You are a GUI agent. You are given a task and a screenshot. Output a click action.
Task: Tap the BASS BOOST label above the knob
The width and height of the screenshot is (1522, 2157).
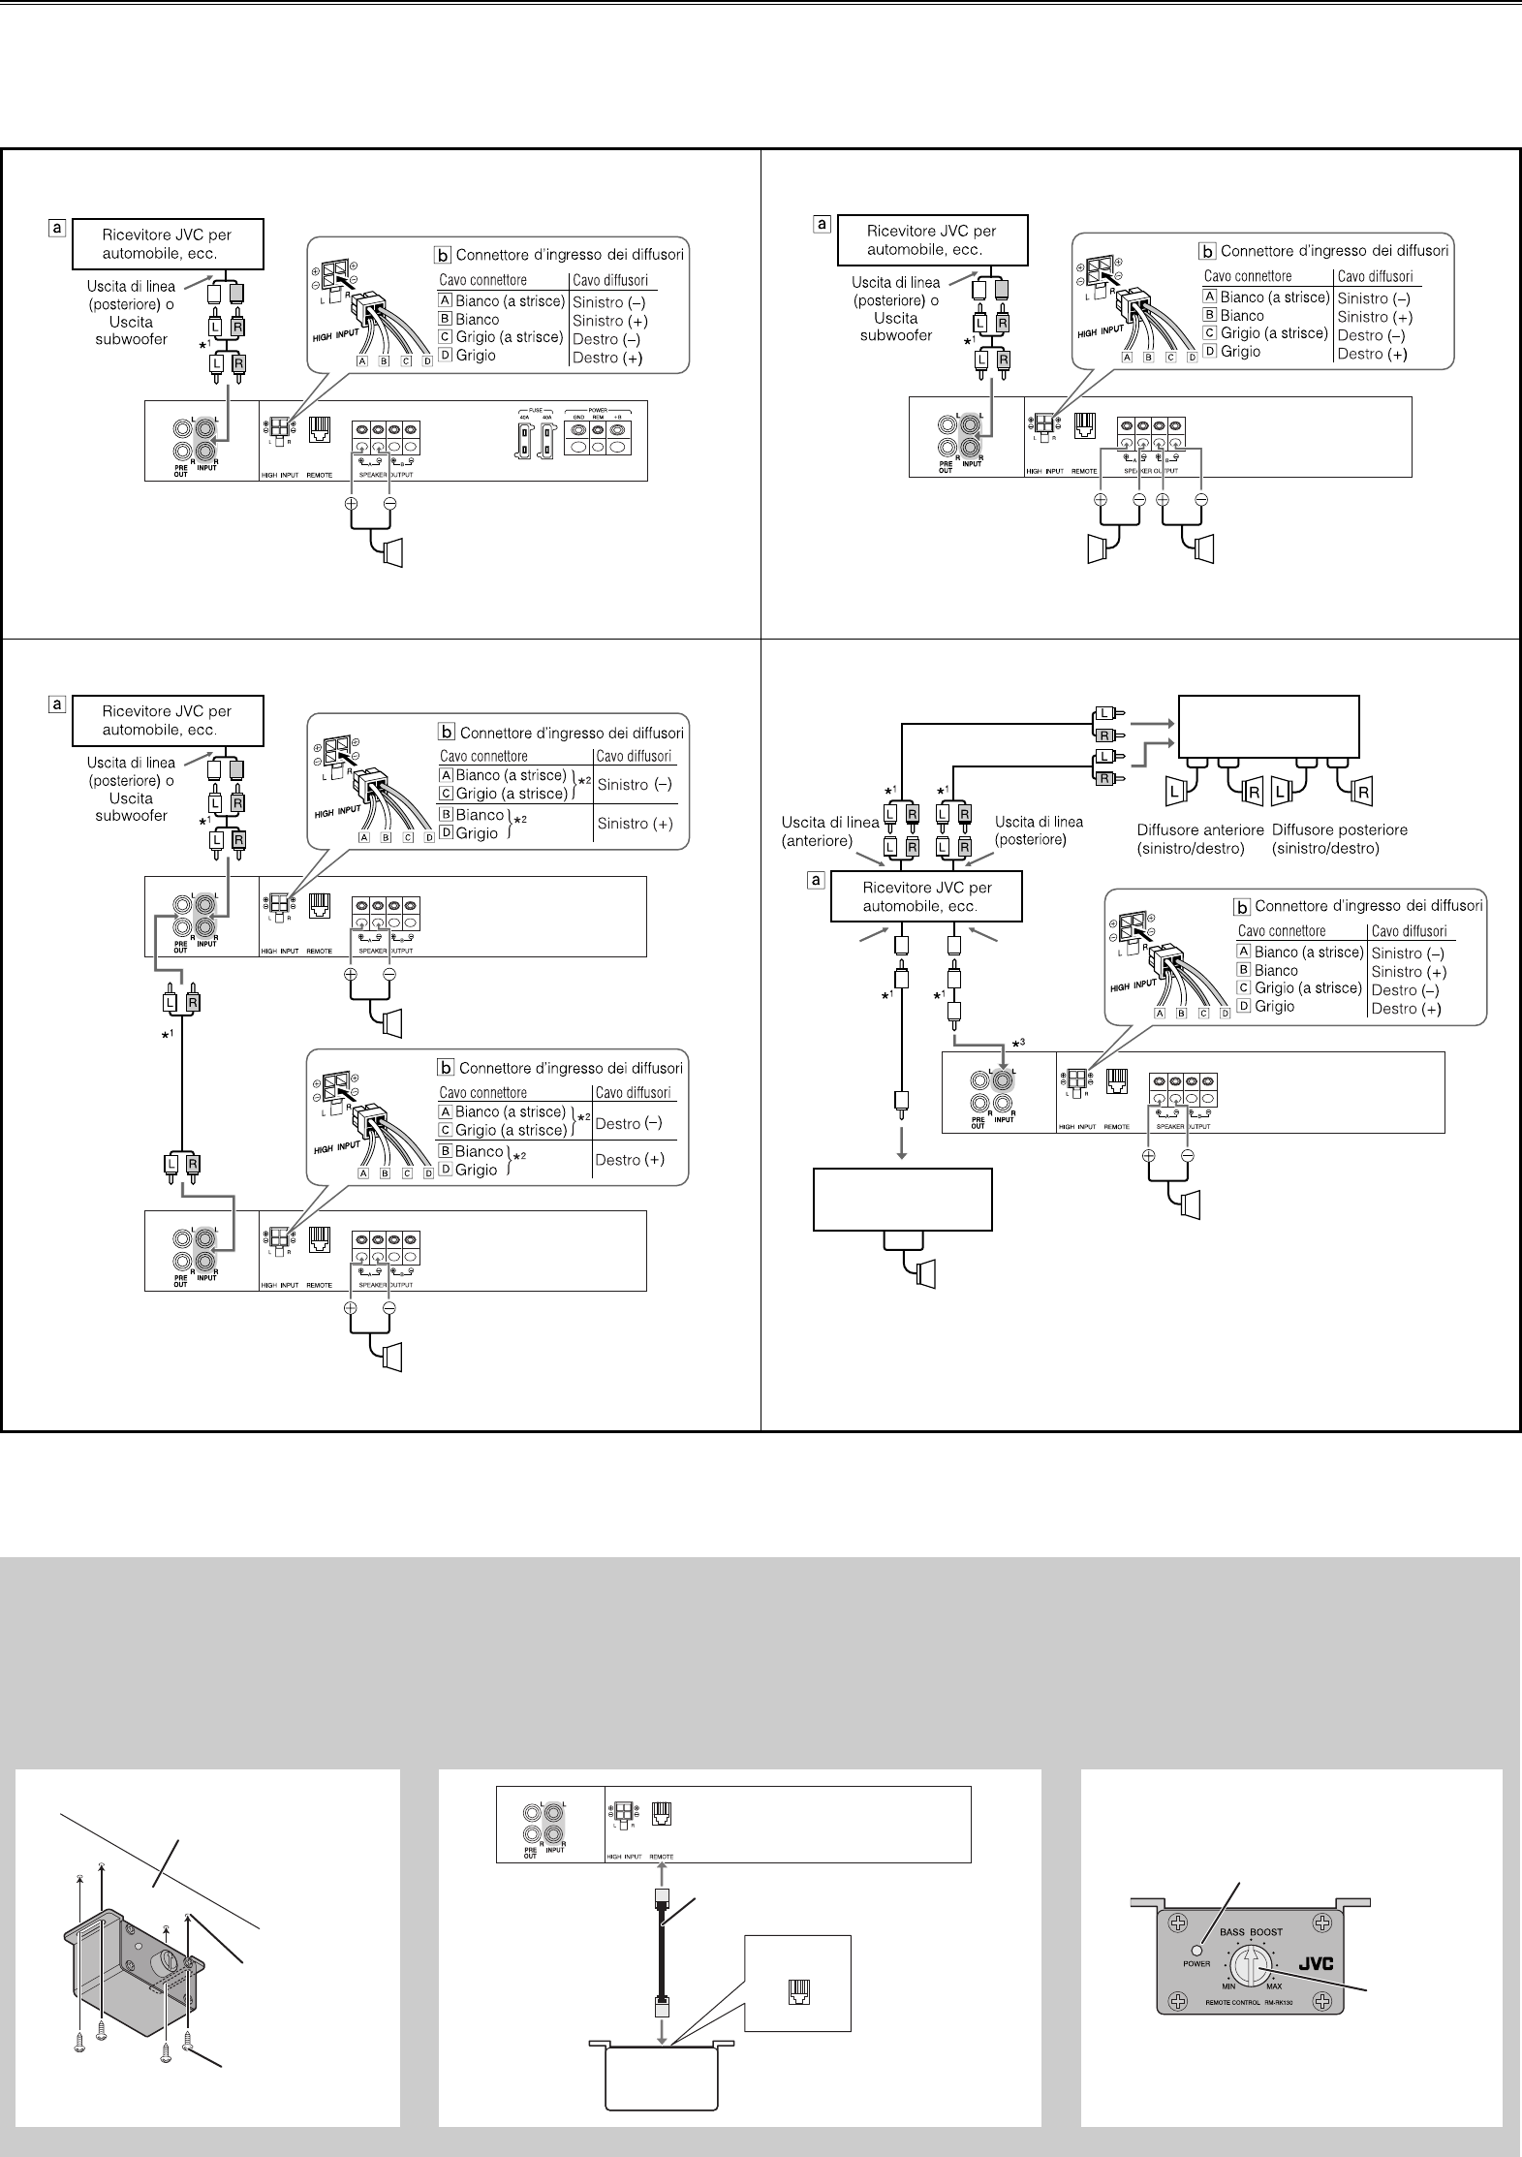click(1251, 1931)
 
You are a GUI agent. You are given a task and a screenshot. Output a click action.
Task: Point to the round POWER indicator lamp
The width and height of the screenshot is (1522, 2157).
click(1197, 1950)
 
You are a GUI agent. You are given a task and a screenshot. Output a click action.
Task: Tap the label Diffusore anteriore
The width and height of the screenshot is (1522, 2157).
click(1200, 829)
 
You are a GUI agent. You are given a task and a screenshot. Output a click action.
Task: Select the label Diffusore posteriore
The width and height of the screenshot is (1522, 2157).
click(1339, 829)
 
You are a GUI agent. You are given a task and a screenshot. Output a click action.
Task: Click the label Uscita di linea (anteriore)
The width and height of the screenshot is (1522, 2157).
click(830, 831)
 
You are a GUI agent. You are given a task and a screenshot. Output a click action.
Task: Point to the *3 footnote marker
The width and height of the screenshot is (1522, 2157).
click(1018, 1042)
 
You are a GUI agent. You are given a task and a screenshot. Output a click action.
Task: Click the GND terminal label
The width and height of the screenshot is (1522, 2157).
click(578, 417)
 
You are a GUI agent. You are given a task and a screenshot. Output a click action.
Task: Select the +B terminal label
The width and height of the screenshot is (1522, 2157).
click(617, 417)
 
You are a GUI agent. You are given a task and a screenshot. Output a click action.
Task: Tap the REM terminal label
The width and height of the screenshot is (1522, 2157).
click(598, 417)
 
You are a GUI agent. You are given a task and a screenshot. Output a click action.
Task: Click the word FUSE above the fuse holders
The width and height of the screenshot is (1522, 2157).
click(536, 410)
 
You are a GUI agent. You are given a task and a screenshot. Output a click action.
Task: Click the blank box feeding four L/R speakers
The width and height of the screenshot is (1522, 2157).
click(1267, 727)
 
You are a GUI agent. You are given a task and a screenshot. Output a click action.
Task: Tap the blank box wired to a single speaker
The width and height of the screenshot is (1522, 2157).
click(902, 1200)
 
